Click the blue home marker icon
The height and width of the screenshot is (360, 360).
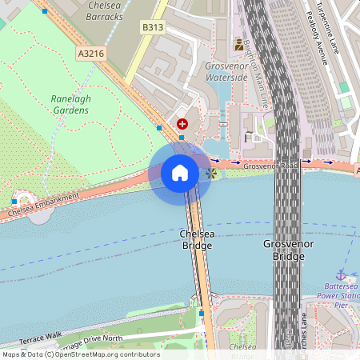180,172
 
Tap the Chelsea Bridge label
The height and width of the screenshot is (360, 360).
197,239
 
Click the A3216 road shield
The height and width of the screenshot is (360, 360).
92,53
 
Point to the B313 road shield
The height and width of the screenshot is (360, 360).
152,27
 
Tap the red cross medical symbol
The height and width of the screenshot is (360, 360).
182,124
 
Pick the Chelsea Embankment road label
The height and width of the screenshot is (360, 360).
44,206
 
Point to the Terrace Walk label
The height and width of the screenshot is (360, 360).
40,336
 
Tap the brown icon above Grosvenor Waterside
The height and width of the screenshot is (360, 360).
238,45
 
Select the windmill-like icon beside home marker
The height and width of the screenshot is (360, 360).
210,172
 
